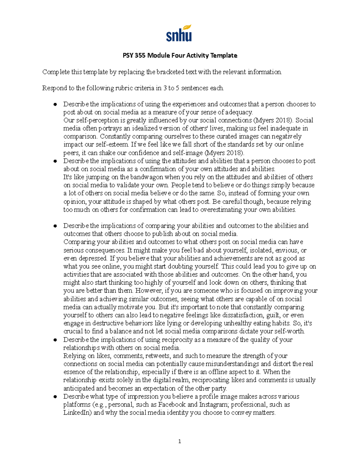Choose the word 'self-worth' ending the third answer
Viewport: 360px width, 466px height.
(289, 332)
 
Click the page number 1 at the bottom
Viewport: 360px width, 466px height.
(179, 441)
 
